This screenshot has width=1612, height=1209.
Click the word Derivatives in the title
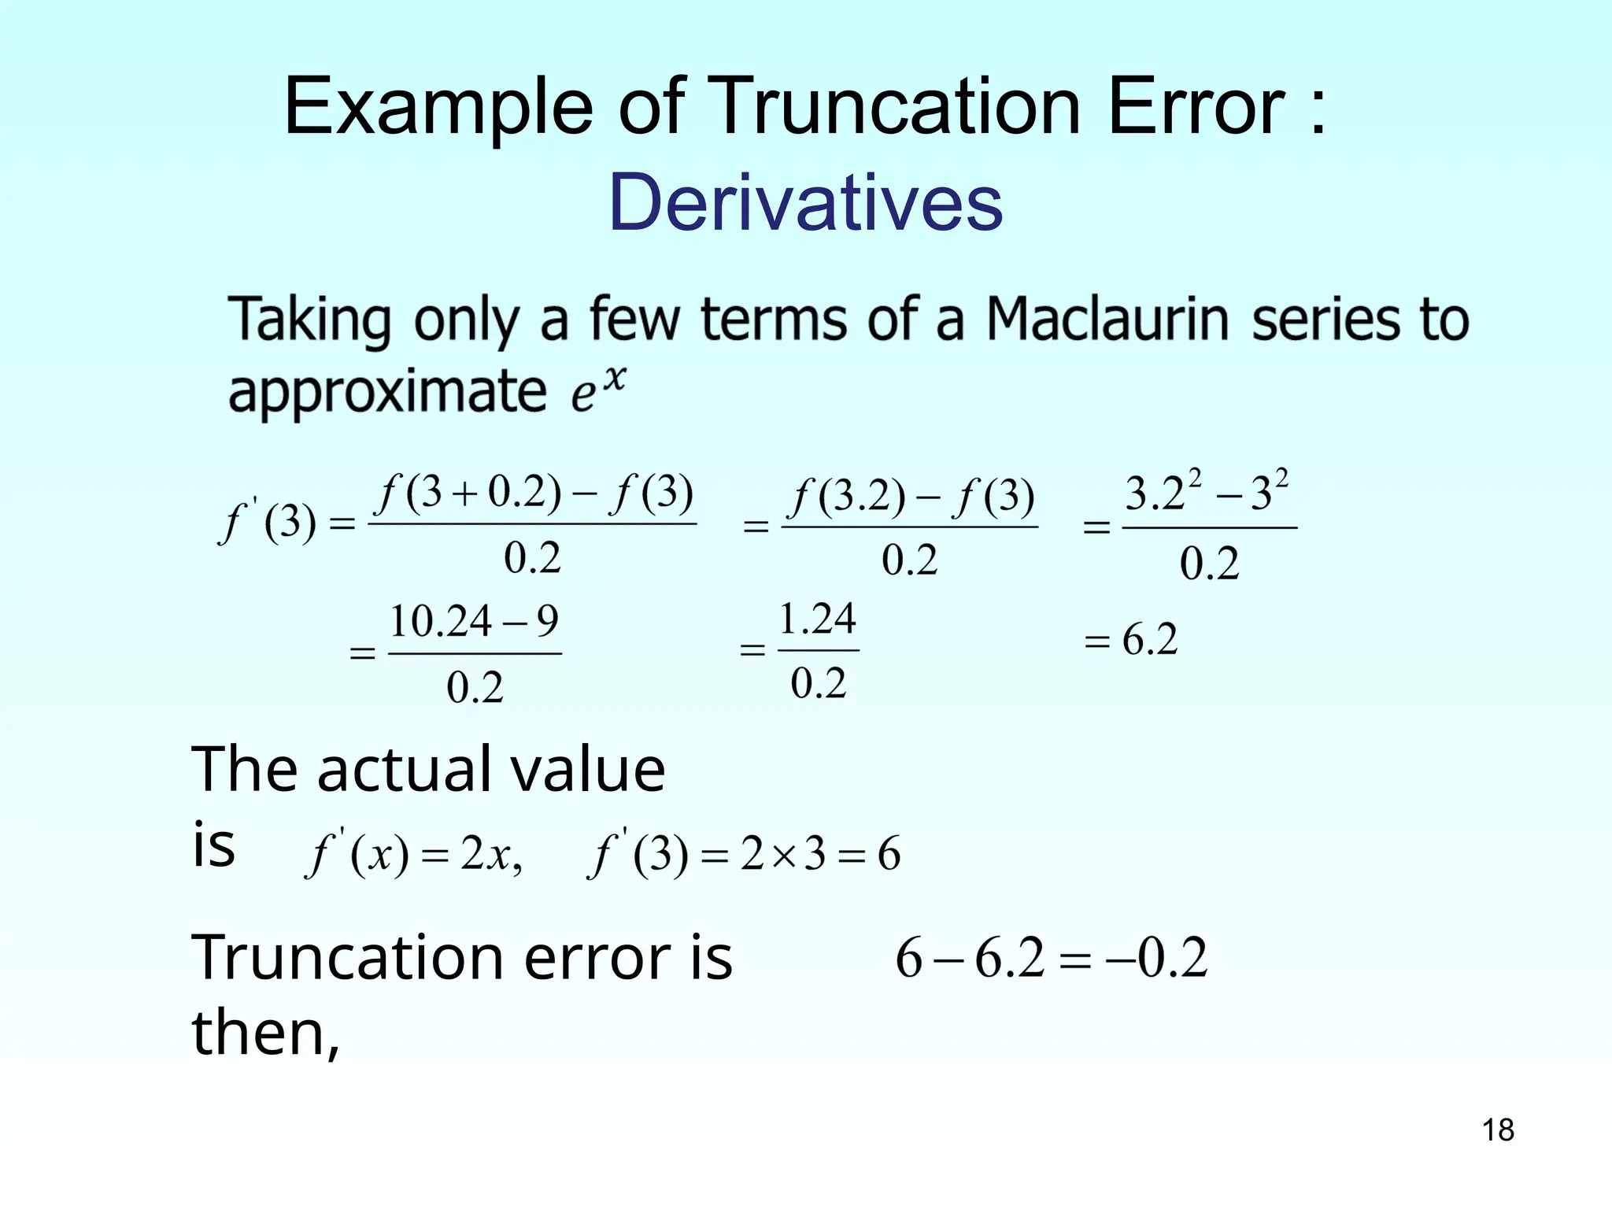click(x=805, y=202)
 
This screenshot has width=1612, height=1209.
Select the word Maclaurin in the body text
click(x=1107, y=320)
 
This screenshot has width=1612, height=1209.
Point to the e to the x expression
click(x=598, y=390)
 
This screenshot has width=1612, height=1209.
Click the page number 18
click(x=1498, y=1130)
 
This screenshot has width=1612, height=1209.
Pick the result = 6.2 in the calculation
click(x=1130, y=639)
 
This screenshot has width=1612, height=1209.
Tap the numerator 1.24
click(x=817, y=619)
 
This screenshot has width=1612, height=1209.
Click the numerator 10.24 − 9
click(x=475, y=622)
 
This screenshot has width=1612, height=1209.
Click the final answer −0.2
click(x=1157, y=958)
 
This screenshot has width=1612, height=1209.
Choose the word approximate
click(x=387, y=391)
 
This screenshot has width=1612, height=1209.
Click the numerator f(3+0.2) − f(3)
click(x=534, y=494)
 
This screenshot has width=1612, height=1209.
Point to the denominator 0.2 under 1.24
click(x=819, y=682)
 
